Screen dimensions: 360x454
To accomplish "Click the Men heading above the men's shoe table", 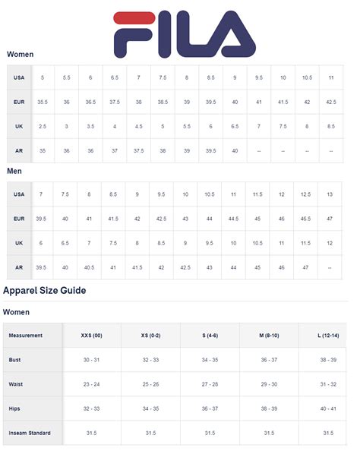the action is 14,172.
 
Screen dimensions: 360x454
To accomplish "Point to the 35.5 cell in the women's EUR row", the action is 42,102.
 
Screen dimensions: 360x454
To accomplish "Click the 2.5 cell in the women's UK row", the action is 42,126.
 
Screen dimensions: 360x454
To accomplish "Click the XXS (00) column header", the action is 92,335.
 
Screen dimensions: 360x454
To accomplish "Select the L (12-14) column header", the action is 328,335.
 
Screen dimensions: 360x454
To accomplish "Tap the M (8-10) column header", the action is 269,335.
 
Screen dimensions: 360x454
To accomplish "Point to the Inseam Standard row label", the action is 30,434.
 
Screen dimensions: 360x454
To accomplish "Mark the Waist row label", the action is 15,384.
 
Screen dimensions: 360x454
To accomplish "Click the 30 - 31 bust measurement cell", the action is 92,360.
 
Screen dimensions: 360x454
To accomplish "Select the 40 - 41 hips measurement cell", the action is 328,408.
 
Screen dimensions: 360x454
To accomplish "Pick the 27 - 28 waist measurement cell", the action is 210,384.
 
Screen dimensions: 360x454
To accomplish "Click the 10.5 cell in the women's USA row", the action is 307,77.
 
